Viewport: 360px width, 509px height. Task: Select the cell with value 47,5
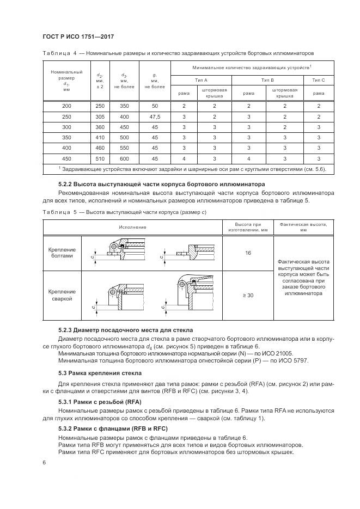(x=155, y=116)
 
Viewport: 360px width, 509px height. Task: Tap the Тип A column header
(x=194, y=80)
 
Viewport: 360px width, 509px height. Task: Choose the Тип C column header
(x=318, y=80)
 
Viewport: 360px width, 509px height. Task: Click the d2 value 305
(x=100, y=116)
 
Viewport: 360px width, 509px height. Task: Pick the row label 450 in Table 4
(x=66, y=158)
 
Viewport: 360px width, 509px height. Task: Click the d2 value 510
(x=100, y=158)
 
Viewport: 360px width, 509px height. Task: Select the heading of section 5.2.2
(x=161, y=184)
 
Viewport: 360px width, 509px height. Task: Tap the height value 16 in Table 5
(x=248, y=253)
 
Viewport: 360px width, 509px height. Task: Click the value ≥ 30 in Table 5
(x=248, y=295)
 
